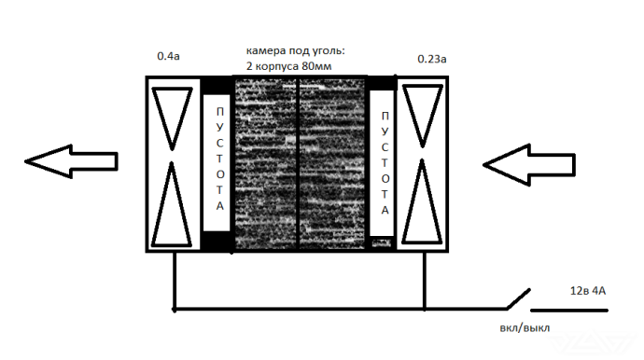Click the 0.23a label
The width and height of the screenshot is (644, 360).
click(x=432, y=59)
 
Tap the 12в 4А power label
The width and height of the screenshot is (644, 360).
click(x=587, y=291)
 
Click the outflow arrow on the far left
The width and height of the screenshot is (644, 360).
click(x=71, y=161)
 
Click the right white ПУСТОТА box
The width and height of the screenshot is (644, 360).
click(x=382, y=164)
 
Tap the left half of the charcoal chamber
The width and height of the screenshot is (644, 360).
click(x=265, y=163)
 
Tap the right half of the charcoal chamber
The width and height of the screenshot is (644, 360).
click(x=332, y=163)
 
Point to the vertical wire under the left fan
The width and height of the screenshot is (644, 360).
click(x=174, y=279)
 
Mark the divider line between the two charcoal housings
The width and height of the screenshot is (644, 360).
click(x=298, y=163)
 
